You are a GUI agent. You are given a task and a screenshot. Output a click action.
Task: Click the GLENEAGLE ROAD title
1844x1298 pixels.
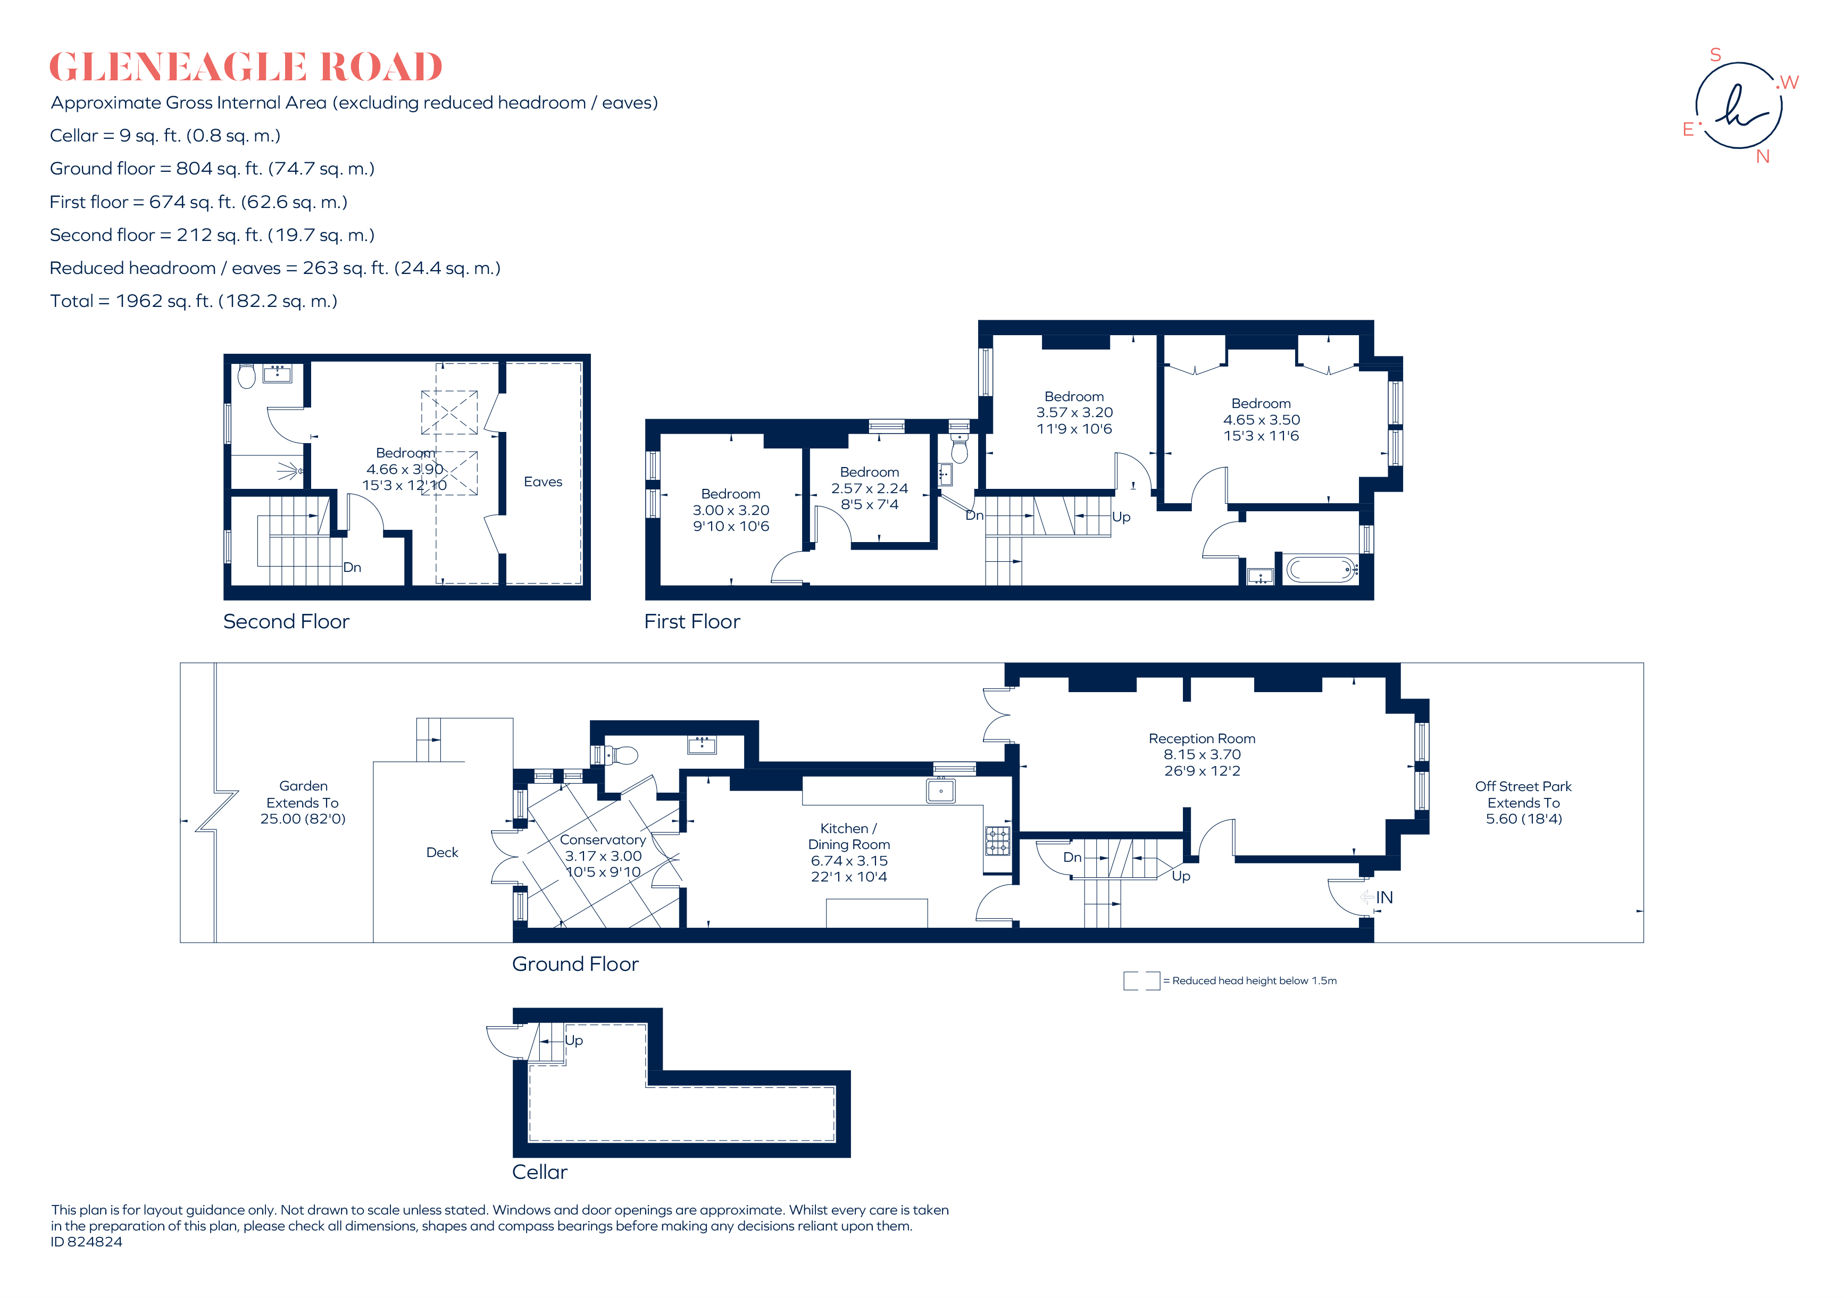click(246, 66)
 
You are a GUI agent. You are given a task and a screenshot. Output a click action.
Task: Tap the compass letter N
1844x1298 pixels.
click(1763, 156)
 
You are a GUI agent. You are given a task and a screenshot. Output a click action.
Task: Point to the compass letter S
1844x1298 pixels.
click(1715, 55)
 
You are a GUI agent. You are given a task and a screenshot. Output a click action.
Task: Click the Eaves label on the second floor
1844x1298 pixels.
click(543, 482)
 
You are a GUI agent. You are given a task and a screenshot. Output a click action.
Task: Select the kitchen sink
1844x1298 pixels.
click(940, 791)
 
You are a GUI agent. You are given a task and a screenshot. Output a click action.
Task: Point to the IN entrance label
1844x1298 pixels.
click(1384, 897)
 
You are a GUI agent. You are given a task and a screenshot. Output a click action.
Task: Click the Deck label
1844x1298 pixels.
click(442, 852)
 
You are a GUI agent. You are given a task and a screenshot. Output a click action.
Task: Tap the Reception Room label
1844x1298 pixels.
click(1201, 738)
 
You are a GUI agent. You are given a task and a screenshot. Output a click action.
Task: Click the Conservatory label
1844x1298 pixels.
click(603, 839)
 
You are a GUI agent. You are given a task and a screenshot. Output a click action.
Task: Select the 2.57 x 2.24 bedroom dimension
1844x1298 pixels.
click(869, 488)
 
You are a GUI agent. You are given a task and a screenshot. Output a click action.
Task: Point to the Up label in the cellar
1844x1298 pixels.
click(573, 1040)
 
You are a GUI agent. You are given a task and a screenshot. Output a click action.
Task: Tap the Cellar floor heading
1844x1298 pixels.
click(540, 1172)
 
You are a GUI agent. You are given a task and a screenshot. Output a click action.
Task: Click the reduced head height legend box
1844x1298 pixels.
click(1141, 981)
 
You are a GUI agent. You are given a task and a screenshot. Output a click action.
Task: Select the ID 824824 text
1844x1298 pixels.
click(87, 1242)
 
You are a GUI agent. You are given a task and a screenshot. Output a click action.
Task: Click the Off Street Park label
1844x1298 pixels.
click(1523, 786)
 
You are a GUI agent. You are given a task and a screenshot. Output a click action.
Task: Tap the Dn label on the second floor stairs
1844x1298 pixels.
click(352, 567)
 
